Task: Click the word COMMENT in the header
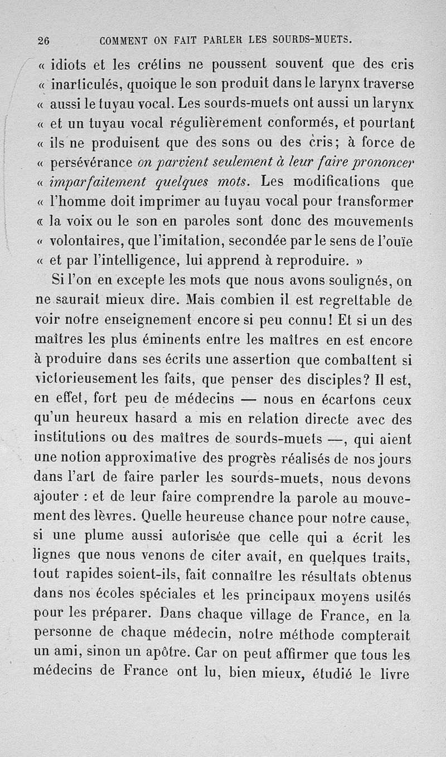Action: pyautogui.click(x=123, y=40)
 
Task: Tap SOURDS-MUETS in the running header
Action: pyautogui.click(x=313, y=40)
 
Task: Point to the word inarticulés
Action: pyautogui.click(x=86, y=85)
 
